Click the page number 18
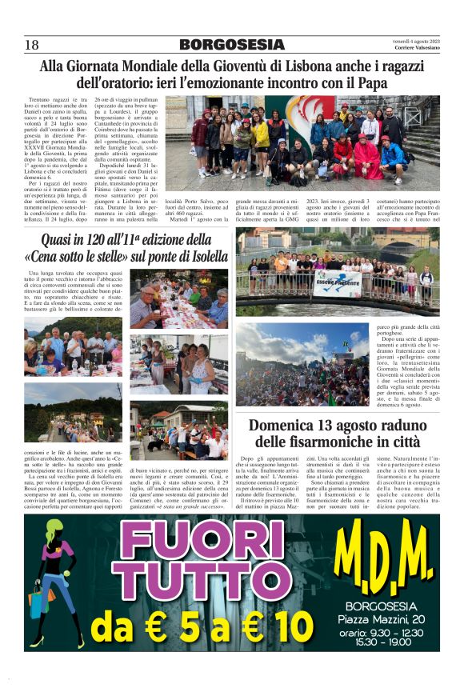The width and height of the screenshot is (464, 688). pyautogui.click(x=32, y=45)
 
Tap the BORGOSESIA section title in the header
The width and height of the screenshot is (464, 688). pyautogui.click(x=232, y=45)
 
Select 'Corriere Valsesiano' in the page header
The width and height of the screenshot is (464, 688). pyautogui.click(x=417, y=48)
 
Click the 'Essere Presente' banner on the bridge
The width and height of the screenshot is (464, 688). pyautogui.click(x=336, y=284)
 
